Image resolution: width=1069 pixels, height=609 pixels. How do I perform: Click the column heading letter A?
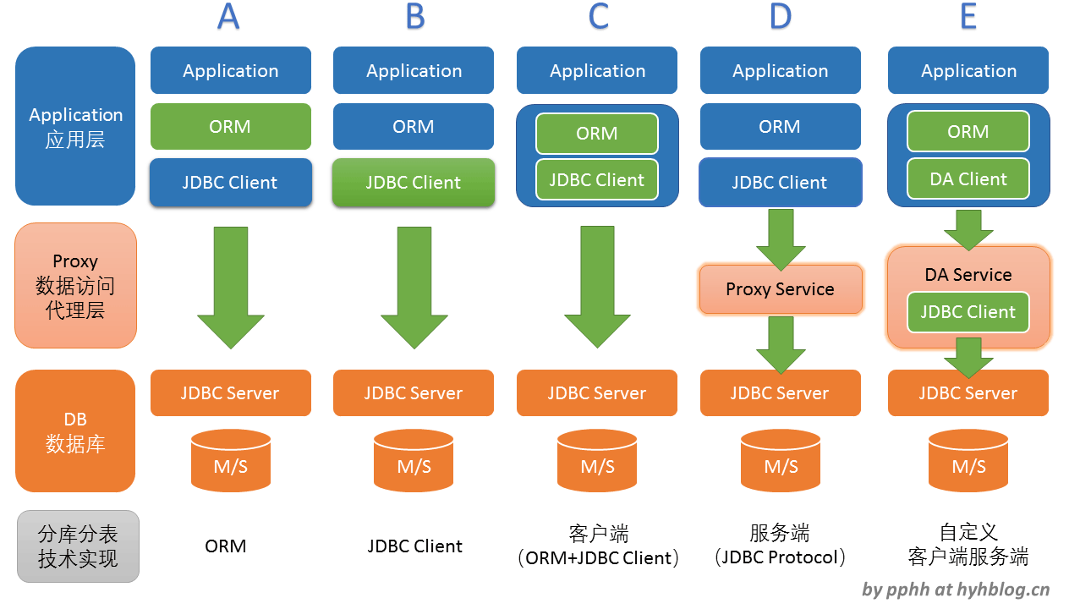pos(228,17)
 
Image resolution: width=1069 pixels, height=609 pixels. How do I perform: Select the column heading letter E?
pos(968,17)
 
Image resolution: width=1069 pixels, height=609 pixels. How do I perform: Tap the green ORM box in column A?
pos(231,127)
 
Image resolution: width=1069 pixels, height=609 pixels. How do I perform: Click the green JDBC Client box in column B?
pos(414,183)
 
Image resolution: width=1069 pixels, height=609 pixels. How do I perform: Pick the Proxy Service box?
pos(781,288)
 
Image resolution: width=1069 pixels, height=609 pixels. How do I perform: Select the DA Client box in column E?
pos(968,179)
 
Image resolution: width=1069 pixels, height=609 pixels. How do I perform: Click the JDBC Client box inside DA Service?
pos(968,311)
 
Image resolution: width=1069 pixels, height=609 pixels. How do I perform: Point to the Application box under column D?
pos(781,70)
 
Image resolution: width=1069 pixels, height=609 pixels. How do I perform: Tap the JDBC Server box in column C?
pos(597,392)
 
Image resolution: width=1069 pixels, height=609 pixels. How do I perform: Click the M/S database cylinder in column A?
pos(231,460)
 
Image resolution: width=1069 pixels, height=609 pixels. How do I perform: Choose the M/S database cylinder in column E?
pos(968,460)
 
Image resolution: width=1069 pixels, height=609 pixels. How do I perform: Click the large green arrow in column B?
pos(414,288)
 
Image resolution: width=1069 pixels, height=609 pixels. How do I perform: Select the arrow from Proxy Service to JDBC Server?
pos(781,345)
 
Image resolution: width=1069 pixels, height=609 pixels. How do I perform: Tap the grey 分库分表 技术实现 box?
pos(79,546)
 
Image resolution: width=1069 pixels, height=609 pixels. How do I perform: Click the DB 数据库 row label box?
pos(75,431)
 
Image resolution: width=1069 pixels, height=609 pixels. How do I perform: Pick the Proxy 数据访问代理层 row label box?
pos(76,285)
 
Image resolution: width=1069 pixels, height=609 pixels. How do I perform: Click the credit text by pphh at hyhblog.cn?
pos(956,590)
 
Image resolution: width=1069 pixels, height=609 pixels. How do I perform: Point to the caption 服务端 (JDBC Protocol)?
pos(780,545)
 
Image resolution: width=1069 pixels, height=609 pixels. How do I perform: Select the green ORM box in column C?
pos(597,133)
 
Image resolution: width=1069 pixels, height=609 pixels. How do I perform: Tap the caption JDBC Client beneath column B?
pos(414,546)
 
